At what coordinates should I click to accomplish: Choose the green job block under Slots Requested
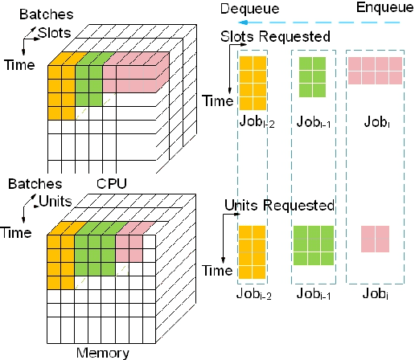311,71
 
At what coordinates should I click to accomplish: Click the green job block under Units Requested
313,245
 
